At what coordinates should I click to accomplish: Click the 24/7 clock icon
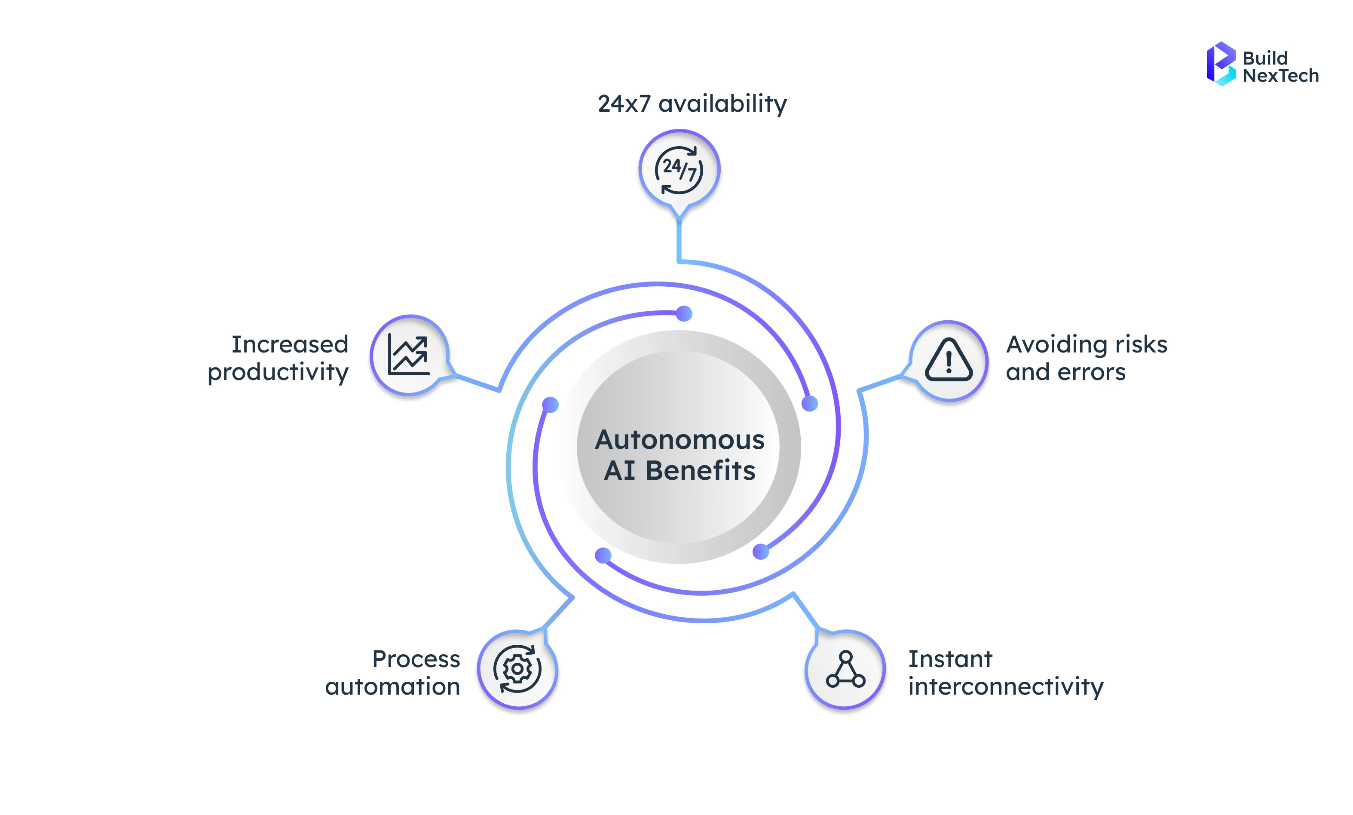[679, 170]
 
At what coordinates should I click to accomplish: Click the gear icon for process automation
[517, 669]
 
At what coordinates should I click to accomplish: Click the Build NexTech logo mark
[1220, 64]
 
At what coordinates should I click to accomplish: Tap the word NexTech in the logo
[1280, 76]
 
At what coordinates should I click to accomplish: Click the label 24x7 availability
[692, 103]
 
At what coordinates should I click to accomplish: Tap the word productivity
[278, 372]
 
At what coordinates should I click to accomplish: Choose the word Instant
[950, 659]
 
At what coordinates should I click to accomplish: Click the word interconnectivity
[1005, 686]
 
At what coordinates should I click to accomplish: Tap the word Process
[416, 659]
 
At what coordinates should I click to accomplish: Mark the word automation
[392, 686]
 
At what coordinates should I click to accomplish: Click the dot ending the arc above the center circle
[684, 314]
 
